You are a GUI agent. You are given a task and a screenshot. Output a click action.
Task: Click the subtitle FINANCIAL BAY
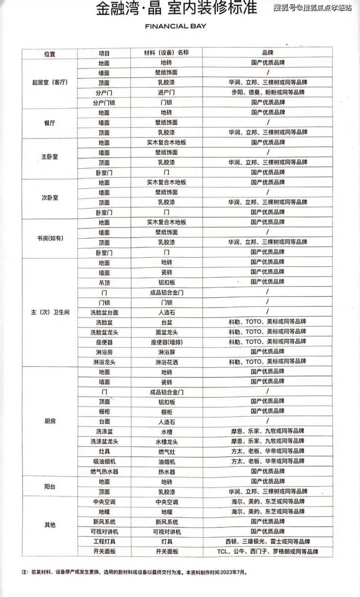pyautogui.click(x=176, y=26)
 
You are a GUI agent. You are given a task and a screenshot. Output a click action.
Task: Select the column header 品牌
pyautogui.click(x=268, y=53)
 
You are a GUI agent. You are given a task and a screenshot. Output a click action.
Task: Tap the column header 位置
pyautogui.click(x=50, y=53)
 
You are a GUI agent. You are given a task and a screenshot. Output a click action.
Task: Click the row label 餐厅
pyautogui.click(x=50, y=123)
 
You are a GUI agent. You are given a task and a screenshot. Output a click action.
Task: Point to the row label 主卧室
pyautogui.click(x=50, y=158)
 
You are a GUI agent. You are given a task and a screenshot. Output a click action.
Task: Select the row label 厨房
pyautogui.click(x=50, y=421)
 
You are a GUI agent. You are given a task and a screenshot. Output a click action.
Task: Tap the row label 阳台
pyautogui.click(x=50, y=486)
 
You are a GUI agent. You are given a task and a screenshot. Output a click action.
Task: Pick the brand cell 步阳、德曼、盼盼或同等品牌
pyautogui.click(x=268, y=92)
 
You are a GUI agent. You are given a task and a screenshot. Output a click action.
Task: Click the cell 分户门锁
pyautogui.click(x=104, y=103)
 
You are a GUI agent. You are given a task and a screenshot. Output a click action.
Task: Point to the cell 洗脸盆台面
pyautogui.click(x=104, y=312)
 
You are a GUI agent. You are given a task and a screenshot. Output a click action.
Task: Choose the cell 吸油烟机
pyautogui.click(x=104, y=461)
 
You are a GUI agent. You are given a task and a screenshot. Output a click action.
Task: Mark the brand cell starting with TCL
pyautogui.click(x=268, y=551)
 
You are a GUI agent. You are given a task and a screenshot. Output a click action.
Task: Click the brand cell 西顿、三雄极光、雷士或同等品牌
pyautogui.click(x=268, y=541)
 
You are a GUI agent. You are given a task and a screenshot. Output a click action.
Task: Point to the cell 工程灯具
pyautogui.click(x=104, y=541)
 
